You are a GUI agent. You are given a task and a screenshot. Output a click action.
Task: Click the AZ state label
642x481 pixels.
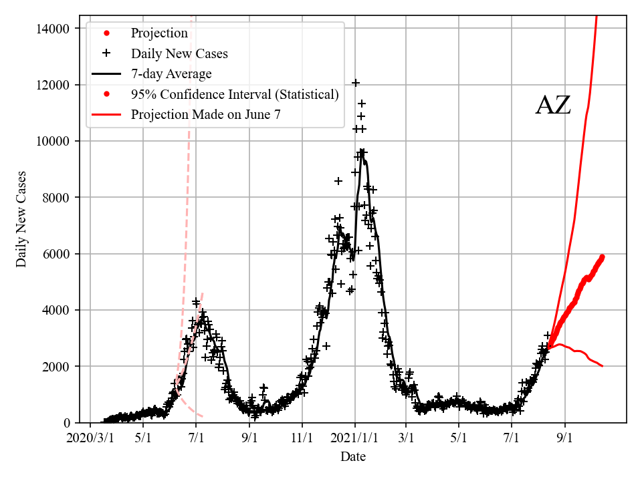pos(553,106)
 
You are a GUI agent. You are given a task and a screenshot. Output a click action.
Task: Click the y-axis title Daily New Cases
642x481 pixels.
pos(22,219)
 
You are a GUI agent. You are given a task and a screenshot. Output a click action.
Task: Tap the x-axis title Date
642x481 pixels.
pos(352,457)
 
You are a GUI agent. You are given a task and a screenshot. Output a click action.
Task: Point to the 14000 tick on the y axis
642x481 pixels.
pos(53,29)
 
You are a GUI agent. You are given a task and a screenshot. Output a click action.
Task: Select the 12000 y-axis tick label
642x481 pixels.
pos(53,85)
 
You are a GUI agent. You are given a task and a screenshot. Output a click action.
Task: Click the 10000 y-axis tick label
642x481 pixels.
pos(53,142)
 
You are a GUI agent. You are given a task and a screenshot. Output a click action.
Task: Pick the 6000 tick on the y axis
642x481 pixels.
pos(56,254)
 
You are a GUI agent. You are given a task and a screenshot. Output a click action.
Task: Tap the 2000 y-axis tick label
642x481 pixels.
pos(56,366)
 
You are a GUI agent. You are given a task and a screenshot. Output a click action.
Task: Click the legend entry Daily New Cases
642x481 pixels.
pos(179,53)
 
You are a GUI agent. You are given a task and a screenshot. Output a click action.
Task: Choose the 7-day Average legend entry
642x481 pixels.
pos(171,73)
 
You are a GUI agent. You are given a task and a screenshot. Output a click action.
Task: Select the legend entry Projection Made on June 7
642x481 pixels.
pos(205,114)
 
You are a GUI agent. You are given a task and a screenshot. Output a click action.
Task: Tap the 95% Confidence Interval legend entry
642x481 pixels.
pos(235,94)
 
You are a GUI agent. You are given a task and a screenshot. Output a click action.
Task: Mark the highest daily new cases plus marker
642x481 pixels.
pos(356,83)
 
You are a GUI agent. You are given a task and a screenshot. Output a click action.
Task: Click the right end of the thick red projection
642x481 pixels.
pos(603,257)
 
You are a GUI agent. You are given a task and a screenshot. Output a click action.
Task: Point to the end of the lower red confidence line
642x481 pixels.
pos(603,366)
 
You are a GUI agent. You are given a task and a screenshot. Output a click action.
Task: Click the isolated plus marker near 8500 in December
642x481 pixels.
pos(338,181)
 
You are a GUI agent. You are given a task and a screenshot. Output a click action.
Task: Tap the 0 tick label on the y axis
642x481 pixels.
pos(66,422)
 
